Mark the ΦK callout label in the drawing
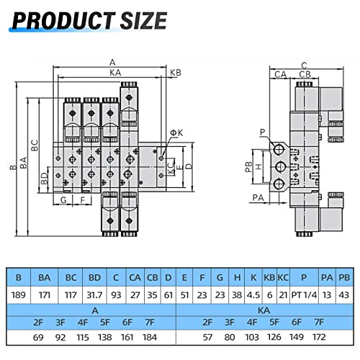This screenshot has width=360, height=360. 176,132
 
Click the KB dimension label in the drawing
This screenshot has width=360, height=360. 175,72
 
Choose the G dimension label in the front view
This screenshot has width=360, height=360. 64,199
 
